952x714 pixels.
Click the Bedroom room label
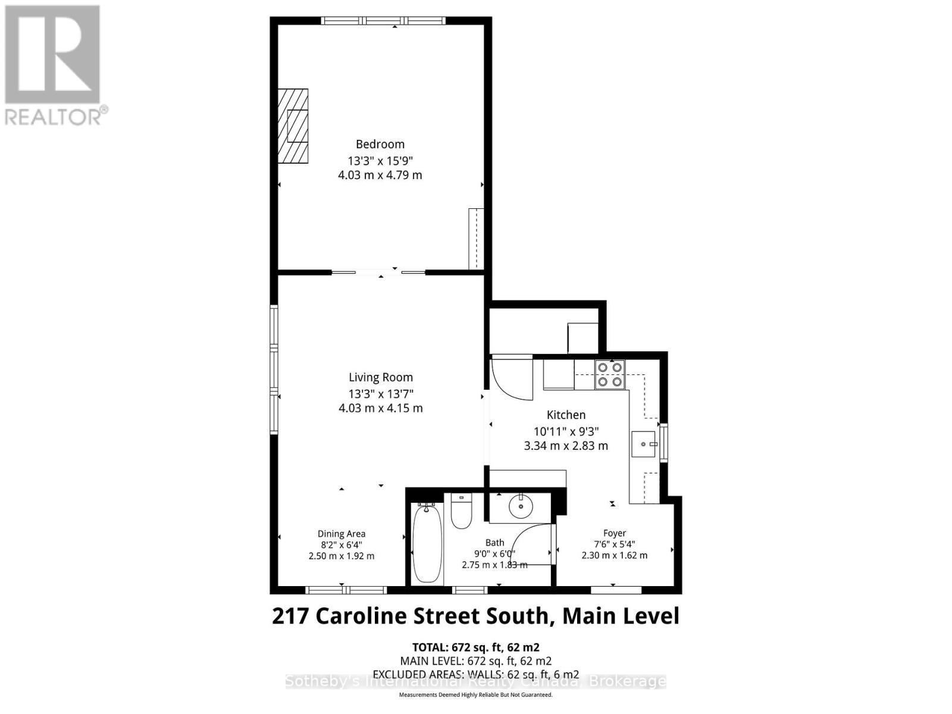[380, 144]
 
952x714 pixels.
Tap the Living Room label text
[380, 377]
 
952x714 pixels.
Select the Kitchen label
[566, 415]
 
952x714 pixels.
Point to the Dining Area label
[341, 534]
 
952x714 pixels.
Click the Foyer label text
[614, 533]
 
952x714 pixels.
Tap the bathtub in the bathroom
[427, 543]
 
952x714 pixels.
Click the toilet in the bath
[461, 511]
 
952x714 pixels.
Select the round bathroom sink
[521, 508]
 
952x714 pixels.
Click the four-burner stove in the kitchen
[610, 374]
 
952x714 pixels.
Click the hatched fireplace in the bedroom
[293, 126]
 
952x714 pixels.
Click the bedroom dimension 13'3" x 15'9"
[380, 161]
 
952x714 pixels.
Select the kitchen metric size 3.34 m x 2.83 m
[566, 446]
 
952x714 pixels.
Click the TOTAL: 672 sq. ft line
[475, 647]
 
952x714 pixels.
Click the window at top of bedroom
[383, 21]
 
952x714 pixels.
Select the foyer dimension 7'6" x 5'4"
[614, 544]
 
